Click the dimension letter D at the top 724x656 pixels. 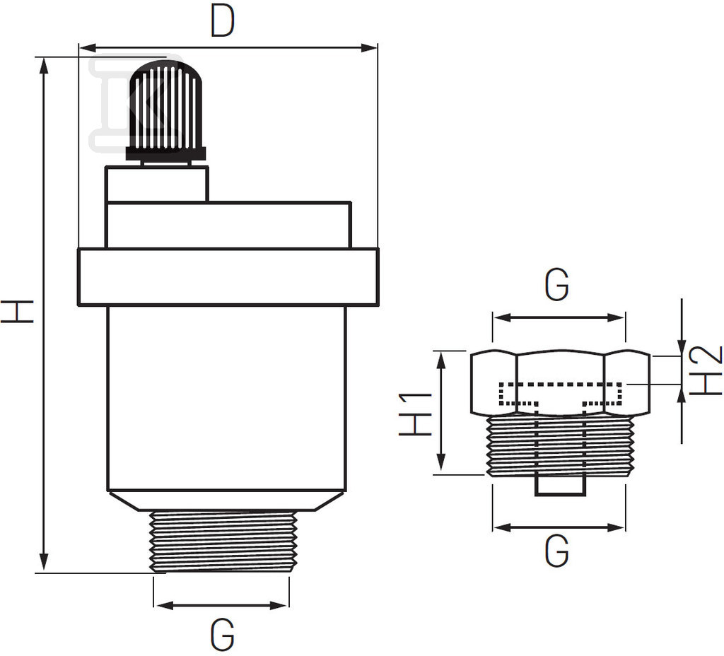pos(223,21)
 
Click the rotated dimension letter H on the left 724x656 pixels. pos(17,311)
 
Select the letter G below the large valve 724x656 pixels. pos(222,635)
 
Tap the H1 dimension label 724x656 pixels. pos(416,414)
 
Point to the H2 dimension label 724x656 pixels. pos(705,370)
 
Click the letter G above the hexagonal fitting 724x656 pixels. pos(557,286)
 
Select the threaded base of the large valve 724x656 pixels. pos(222,541)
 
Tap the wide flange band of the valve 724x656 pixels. pos(228,277)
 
